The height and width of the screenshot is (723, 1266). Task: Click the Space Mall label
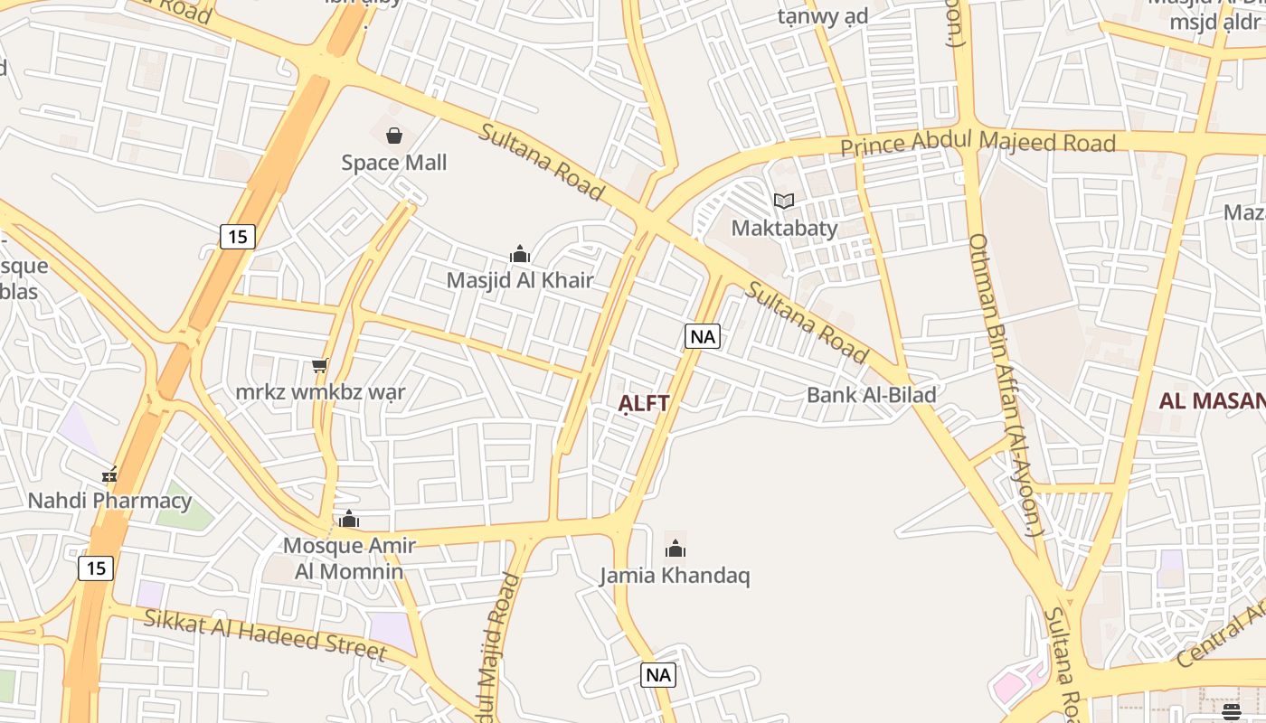(x=393, y=163)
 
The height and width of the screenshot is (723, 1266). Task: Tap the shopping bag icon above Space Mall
(x=394, y=136)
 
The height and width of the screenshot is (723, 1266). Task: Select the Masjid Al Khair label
(x=520, y=280)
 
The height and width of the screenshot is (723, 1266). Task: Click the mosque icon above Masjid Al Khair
(x=520, y=254)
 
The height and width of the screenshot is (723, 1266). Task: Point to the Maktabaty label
(x=784, y=228)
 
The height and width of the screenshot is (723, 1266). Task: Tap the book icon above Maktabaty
(x=784, y=202)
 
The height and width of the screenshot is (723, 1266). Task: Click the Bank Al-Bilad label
(x=871, y=395)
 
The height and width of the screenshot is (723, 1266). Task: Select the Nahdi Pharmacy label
(x=109, y=501)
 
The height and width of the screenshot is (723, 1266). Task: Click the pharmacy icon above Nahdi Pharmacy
(x=109, y=474)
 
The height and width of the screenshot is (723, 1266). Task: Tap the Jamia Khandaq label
(x=675, y=576)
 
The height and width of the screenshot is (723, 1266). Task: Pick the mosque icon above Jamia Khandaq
(x=675, y=549)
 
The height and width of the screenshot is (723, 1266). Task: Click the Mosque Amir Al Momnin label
(x=349, y=558)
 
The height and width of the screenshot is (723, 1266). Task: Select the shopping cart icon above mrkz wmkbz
(x=319, y=366)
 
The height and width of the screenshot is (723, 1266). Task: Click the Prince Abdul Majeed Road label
(x=978, y=144)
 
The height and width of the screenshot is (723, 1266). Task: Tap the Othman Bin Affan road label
(x=1005, y=384)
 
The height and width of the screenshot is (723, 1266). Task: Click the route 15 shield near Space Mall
(x=237, y=237)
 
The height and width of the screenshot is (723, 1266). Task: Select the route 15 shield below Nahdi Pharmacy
(x=96, y=568)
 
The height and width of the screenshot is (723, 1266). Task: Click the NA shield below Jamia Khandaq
(x=658, y=674)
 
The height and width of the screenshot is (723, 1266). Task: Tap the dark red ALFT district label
(x=644, y=403)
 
